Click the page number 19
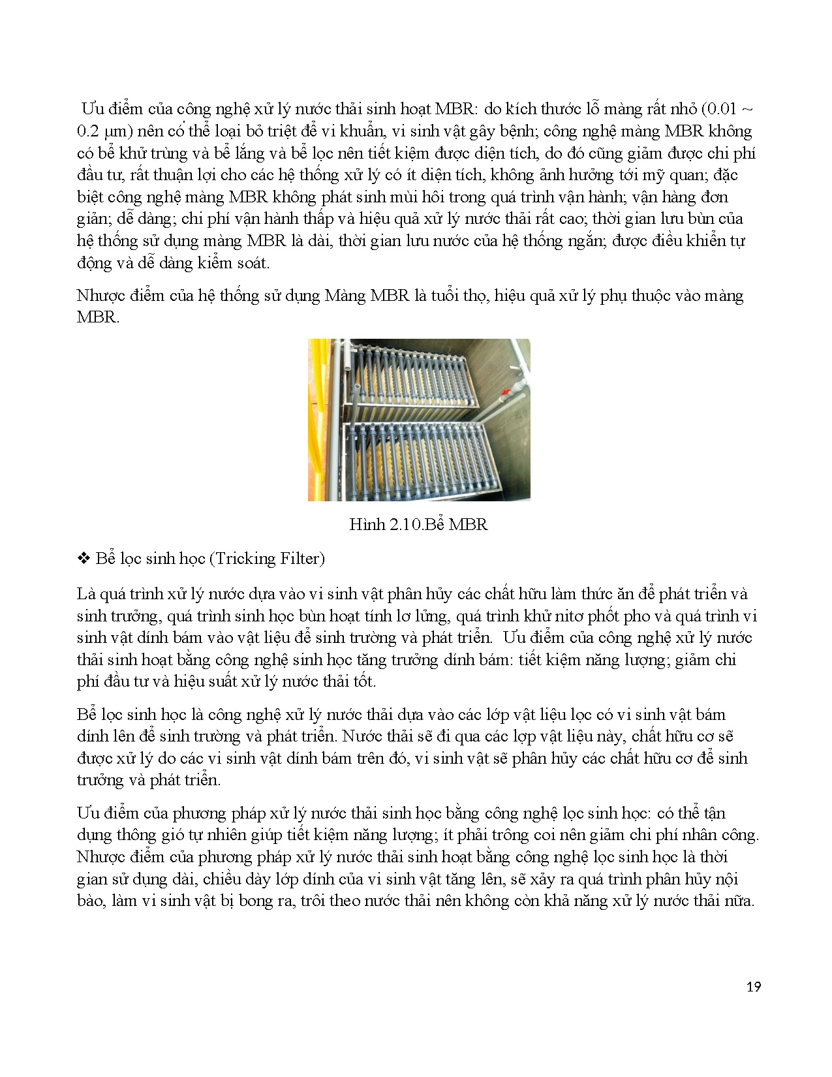coord(753,987)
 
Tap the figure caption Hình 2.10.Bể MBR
coord(418,525)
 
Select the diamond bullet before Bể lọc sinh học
coord(83,559)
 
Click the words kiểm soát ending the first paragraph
coord(233,263)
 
